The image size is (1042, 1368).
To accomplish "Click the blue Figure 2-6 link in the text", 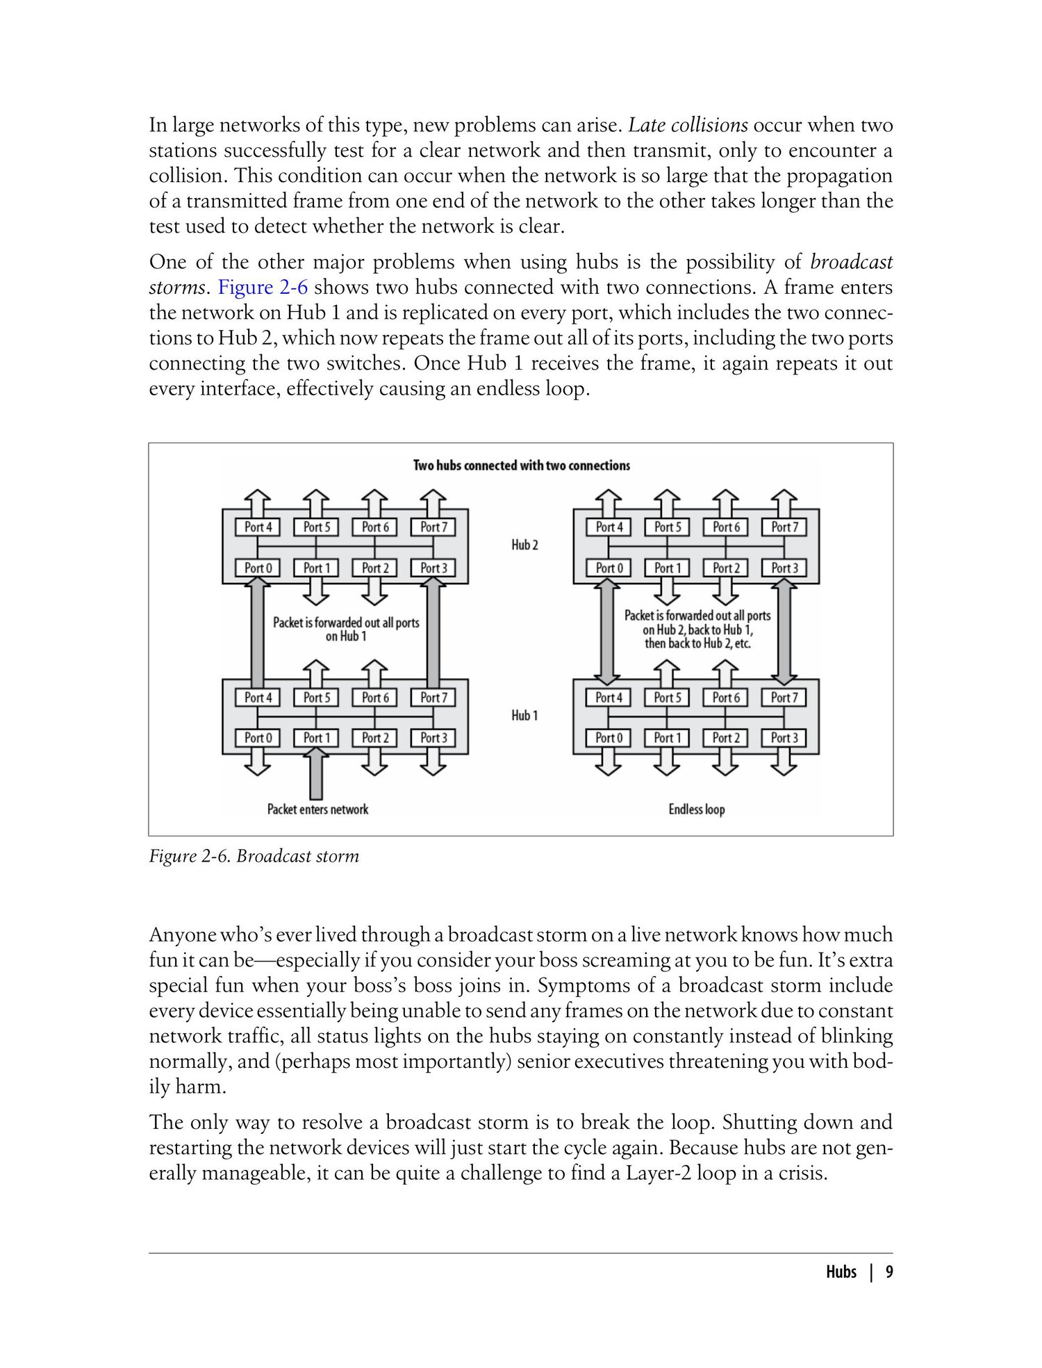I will pyautogui.click(x=263, y=288).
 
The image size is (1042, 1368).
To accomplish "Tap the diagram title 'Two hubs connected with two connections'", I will pyautogui.click(x=522, y=465).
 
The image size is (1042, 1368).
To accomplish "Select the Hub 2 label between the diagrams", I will pyautogui.click(x=524, y=545).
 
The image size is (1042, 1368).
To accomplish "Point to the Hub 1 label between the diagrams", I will pyautogui.click(x=524, y=716).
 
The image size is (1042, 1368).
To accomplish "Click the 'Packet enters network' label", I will pyautogui.click(x=317, y=809).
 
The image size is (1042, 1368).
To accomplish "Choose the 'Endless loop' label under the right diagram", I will pyautogui.click(x=696, y=809).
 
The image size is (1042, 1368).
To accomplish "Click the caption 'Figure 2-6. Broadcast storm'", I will pyautogui.click(x=254, y=856).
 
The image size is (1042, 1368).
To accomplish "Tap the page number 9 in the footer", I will pyautogui.click(x=889, y=1272).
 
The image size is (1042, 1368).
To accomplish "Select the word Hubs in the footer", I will pyautogui.click(x=841, y=1272).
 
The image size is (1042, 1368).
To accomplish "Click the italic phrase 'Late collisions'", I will pyautogui.click(x=688, y=126).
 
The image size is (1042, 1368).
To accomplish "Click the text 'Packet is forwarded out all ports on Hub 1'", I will pyautogui.click(x=346, y=629).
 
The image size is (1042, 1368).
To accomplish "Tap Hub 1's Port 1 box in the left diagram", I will pyautogui.click(x=316, y=738).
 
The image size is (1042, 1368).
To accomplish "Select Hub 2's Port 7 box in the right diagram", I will pyautogui.click(x=784, y=527).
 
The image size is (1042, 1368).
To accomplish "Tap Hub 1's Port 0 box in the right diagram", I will pyautogui.click(x=609, y=738).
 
